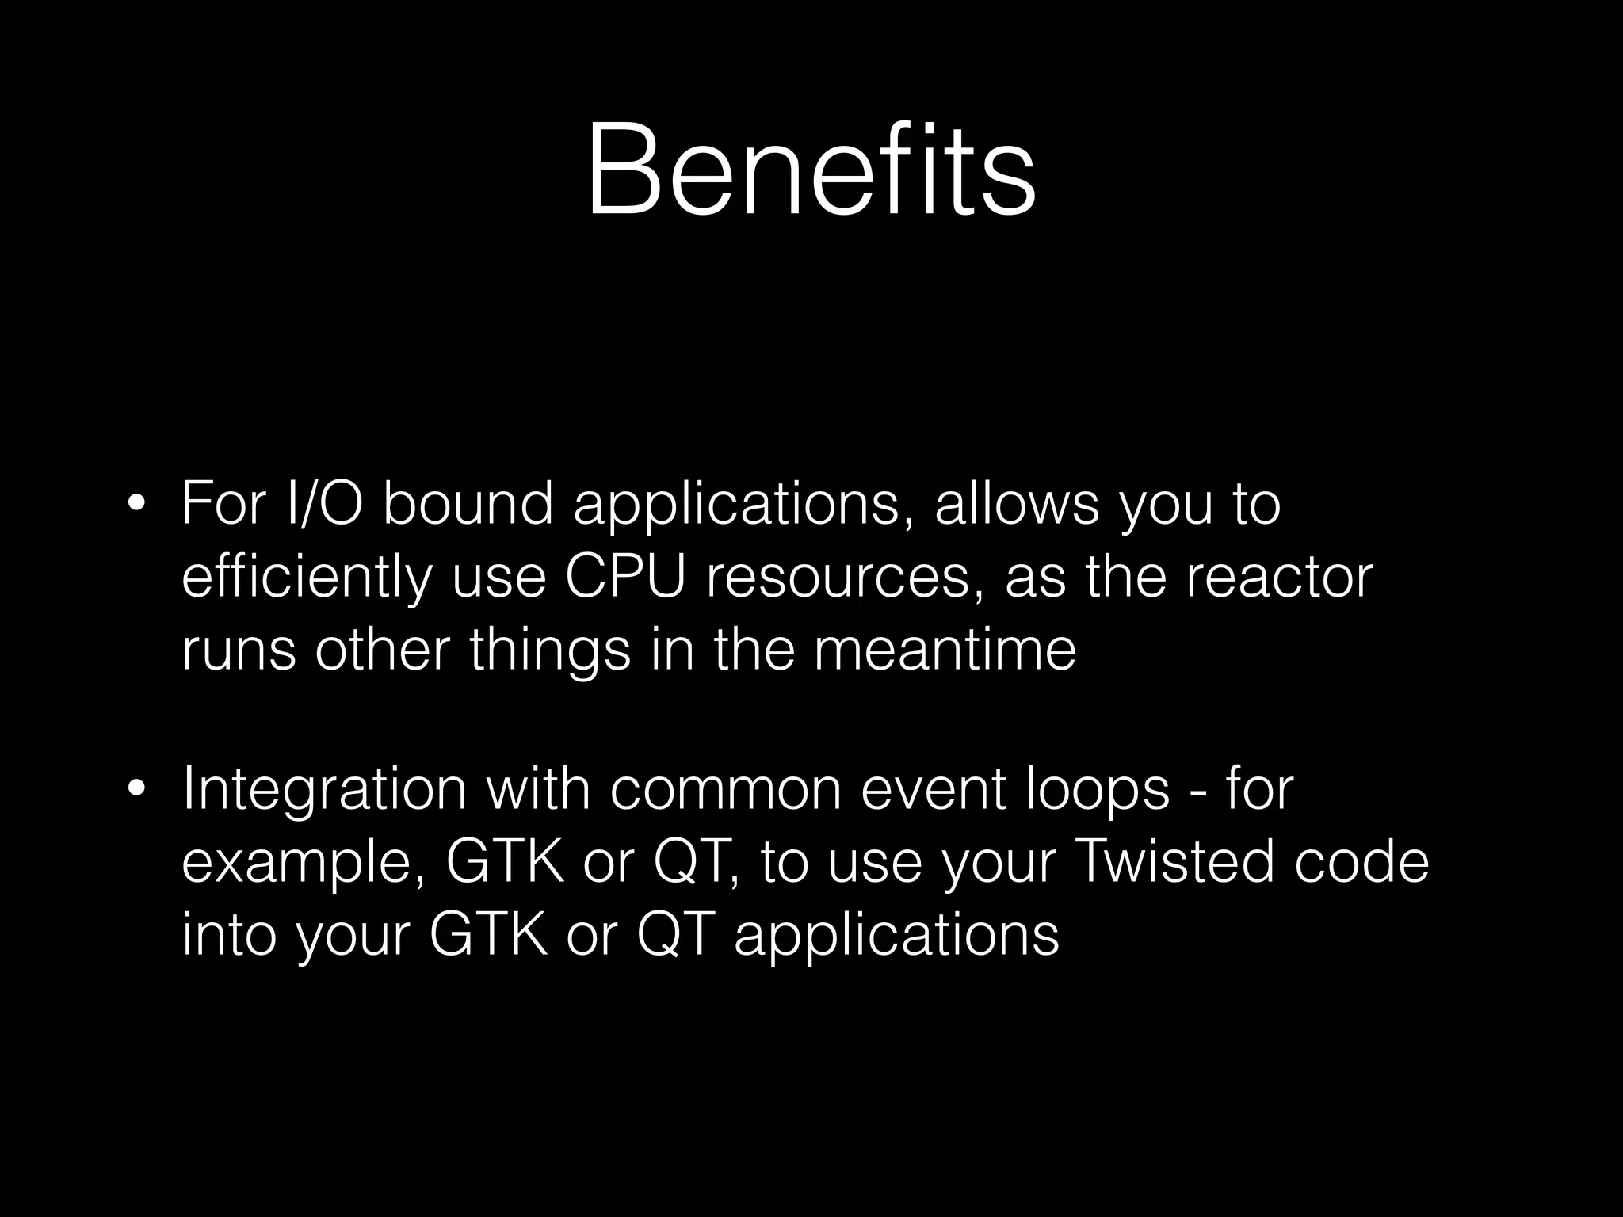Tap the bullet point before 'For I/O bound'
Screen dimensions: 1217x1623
click(136, 505)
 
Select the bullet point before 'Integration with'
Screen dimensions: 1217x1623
click(136, 791)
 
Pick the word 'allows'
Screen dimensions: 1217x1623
click(1017, 504)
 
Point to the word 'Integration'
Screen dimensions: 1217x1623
click(324, 791)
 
